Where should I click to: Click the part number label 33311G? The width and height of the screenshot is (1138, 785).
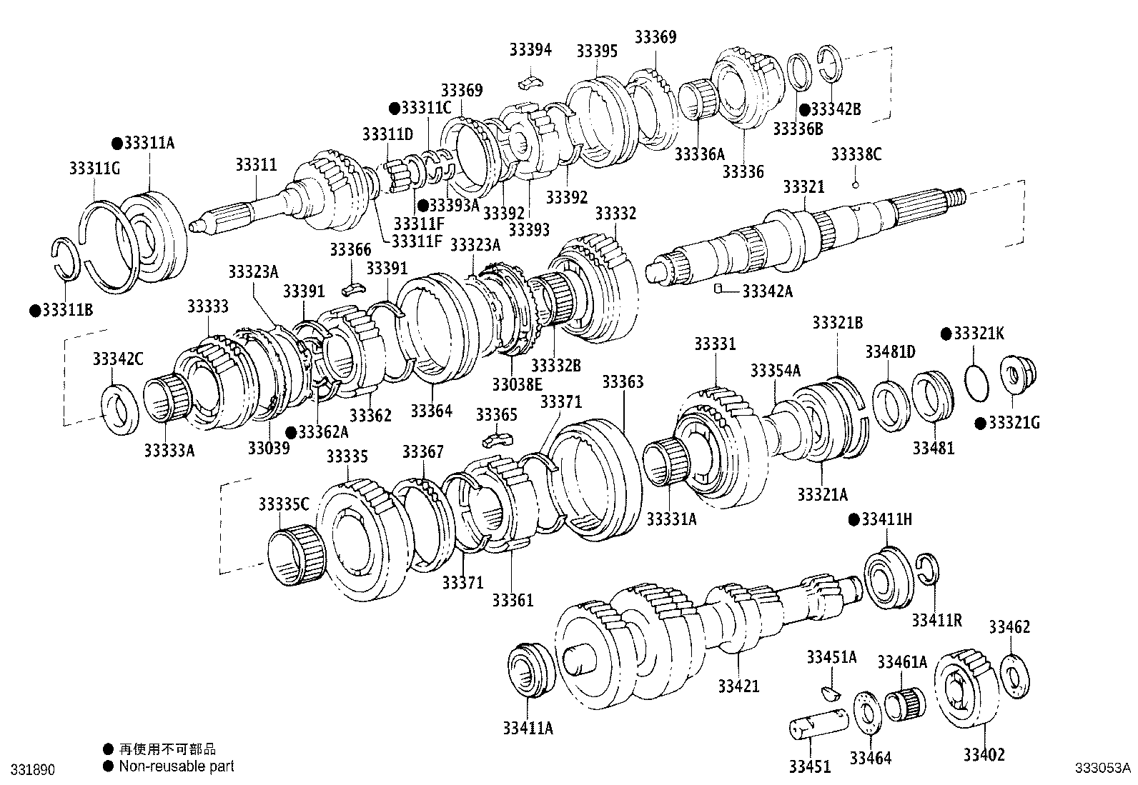coord(94,169)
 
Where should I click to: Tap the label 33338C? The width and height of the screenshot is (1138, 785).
coord(856,154)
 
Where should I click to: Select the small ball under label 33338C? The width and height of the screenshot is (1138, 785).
coord(855,185)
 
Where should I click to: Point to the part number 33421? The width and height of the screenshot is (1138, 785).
coord(738,686)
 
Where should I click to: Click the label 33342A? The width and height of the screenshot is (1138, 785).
coord(768,291)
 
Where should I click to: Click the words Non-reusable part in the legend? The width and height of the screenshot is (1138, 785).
coord(177,766)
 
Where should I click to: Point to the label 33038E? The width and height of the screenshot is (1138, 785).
coord(517,384)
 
